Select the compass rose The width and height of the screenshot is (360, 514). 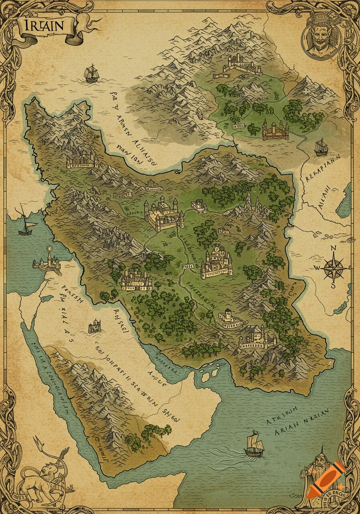pyautogui.click(x=334, y=267)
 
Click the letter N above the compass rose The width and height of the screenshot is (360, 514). pyautogui.click(x=333, y=248)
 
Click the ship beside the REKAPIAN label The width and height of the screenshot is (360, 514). pyautogui.click(x=321, y=147)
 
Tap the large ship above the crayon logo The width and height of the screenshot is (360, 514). pyautogui.click(x=254, y=445)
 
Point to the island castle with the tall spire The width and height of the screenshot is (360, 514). pyautogui.click(x=47, y=261)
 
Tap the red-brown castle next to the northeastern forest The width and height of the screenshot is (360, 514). pyautogui.click(x=276, y=131)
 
